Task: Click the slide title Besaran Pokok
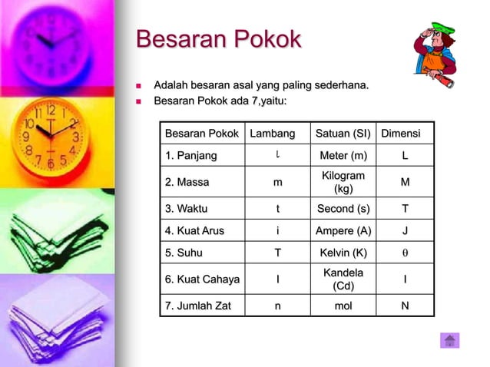point(218,40)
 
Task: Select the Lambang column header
point(272,134)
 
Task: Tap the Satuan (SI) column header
point(343,134)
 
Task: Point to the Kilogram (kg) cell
point(343,182)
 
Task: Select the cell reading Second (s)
point(343,208)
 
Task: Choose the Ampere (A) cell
point(343,230)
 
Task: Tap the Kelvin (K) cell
point(343,253)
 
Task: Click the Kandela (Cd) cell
point(343,279)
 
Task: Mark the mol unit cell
point(343,306)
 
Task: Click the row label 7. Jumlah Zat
point(198,306)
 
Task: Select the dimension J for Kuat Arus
point(406,230)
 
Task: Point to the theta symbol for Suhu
point(406,253)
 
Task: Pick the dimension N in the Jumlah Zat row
point(406,306)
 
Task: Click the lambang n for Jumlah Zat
point(277,306)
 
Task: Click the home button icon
point(449,340)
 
